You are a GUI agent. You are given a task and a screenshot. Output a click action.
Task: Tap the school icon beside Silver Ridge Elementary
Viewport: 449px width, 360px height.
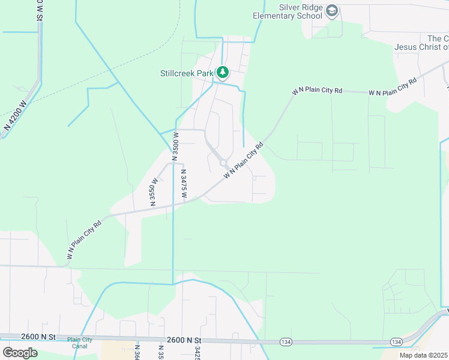pos(332,10)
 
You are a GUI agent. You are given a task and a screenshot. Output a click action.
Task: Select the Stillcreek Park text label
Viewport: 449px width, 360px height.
pos(187,73)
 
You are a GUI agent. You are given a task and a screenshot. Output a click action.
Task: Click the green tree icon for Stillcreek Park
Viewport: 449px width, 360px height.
pos(223,73)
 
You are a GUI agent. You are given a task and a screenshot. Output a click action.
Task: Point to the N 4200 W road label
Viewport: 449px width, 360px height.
pos(16,116)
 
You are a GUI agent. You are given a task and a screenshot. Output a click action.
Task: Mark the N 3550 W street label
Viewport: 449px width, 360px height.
pos(153,191)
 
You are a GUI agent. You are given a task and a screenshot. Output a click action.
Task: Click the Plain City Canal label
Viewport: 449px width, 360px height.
pos(80,343)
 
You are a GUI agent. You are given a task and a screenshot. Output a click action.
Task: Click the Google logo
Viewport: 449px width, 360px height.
pos(19,353)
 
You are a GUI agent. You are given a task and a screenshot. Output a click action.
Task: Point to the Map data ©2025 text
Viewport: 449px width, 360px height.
pos(423,355)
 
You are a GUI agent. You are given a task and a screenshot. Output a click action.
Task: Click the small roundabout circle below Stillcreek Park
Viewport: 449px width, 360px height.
pos(223,163)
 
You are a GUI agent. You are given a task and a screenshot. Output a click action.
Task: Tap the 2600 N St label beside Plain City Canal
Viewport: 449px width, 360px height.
pos(37,337)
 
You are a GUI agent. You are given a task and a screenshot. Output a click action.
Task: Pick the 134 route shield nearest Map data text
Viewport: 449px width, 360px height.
pos(396,341)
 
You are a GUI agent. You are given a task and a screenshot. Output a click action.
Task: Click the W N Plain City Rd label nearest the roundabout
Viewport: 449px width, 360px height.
pos(244,161)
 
